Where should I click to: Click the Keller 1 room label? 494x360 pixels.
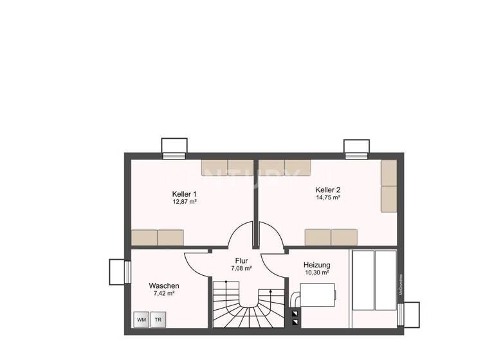pos(184,194)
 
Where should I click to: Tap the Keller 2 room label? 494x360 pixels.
pos(327,190)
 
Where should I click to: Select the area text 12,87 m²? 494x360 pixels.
pos(184,202)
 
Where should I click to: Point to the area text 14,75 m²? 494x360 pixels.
pos(327,198)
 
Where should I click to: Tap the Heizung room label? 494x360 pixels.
pos(316,265)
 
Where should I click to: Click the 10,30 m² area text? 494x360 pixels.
pos(316,273)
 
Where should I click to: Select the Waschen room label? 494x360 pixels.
pos(164,285)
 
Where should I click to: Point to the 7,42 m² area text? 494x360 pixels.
pos(164,293)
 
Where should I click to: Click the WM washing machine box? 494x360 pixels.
pos(142,319)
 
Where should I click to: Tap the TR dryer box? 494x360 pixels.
pos(158,319)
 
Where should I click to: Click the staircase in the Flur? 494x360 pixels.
pos(248,307)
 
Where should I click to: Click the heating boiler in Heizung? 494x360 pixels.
pos(315,297)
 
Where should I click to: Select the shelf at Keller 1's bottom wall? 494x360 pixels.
pos(157,237)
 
